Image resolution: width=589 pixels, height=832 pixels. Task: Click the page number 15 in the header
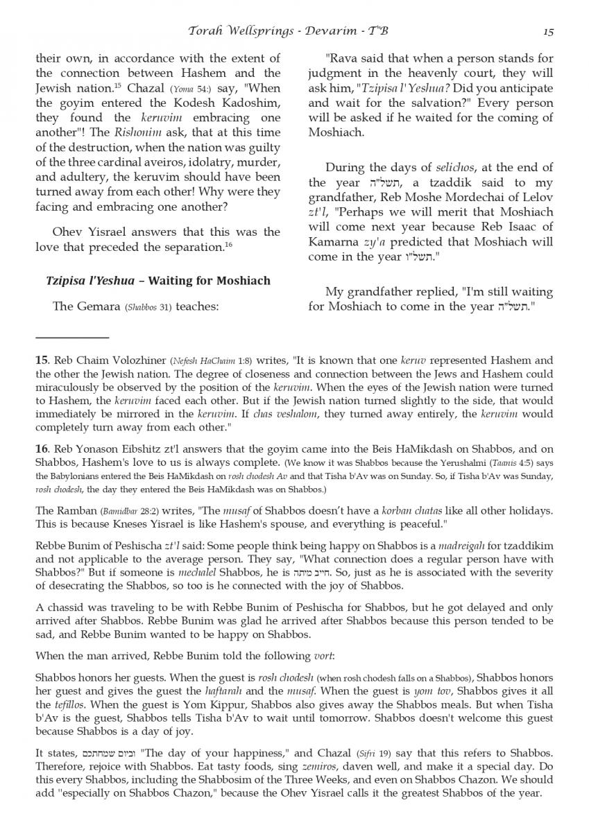[x=547, y=31]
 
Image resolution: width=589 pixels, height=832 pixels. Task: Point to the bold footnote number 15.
[x=41, y=361]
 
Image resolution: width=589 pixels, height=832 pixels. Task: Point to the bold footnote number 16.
[x=41, y=449]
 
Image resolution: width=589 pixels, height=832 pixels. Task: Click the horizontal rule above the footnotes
[x=72, y=338]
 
